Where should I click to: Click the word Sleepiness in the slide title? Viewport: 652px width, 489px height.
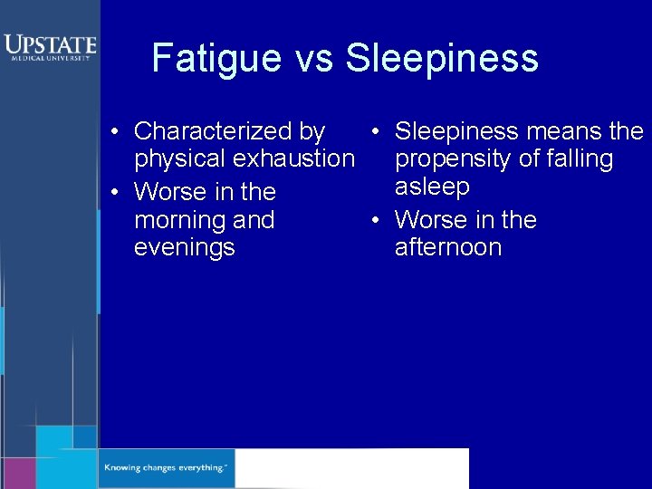(442, 59)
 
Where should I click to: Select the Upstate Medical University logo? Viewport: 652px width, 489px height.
(49, 46)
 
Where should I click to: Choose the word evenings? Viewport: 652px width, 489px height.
(185, 247)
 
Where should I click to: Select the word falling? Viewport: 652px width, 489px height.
(572, 159)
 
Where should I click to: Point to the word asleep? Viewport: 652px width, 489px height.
(432, 187)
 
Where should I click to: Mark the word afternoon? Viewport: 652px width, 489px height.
(448, 247)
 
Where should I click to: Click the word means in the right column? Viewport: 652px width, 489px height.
(563, 132)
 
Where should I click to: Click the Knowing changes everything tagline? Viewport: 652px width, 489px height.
(166, 468)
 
